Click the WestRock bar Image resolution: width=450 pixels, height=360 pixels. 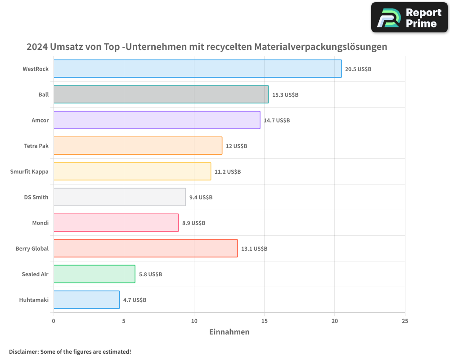(x=198, y=69)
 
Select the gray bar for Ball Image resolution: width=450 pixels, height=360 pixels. (x=161, y=94)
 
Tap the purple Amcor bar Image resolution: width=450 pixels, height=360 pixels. (x=157, y=120)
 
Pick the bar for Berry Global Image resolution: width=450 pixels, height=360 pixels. (x=145, y=248)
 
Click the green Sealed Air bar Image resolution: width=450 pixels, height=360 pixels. (x=94, y=274)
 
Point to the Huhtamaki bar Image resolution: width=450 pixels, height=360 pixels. (x=86, y=300)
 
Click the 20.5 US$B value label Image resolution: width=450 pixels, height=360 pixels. (x=358, y=69)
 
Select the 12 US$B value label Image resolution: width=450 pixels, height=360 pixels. (x=236, y=146)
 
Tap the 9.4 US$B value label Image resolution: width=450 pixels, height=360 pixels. (x=201, y=198)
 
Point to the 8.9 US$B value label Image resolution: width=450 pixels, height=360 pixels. (x=193, y=223)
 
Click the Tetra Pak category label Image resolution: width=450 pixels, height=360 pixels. (x=36, y=146)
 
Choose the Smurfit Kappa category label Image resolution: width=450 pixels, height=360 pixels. (x=29, y=171)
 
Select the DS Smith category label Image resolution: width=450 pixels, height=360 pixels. (x=36, y=197)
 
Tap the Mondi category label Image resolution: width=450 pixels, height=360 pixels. (x=40, y=223)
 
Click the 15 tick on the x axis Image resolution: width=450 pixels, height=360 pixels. (x=264, y=321)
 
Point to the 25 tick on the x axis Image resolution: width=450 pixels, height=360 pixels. (x=405, y=321)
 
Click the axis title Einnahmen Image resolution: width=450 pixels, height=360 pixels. (x=229, y=332)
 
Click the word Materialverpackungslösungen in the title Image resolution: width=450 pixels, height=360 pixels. (x=320, y=47)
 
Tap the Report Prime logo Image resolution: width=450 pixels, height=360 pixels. (x=409, y=18)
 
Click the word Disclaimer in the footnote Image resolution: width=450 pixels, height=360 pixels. (x=23, y=351)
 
